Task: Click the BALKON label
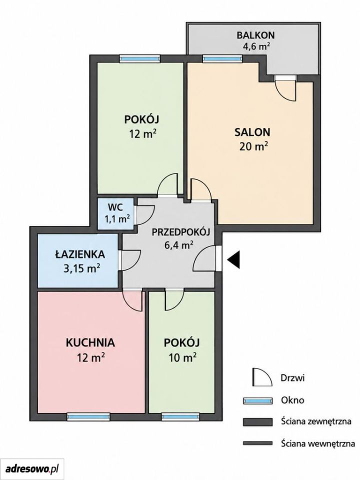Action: pos(255,35)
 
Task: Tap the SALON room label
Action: pos(252,132)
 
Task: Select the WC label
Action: pos(115,207)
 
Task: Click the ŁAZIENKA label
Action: pos(80,254)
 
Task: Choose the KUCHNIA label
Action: pos(90,342)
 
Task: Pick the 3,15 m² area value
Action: pos(81,268)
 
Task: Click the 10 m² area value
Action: pos(182,357)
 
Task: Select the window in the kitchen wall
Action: pos(88,416)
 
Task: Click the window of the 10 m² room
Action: pos(180,416)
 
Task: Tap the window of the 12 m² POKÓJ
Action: pos(139,58)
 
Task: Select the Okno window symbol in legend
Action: pos(258,400)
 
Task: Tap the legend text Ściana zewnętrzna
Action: pos(316,421)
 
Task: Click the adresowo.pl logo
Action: pos(32,468)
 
